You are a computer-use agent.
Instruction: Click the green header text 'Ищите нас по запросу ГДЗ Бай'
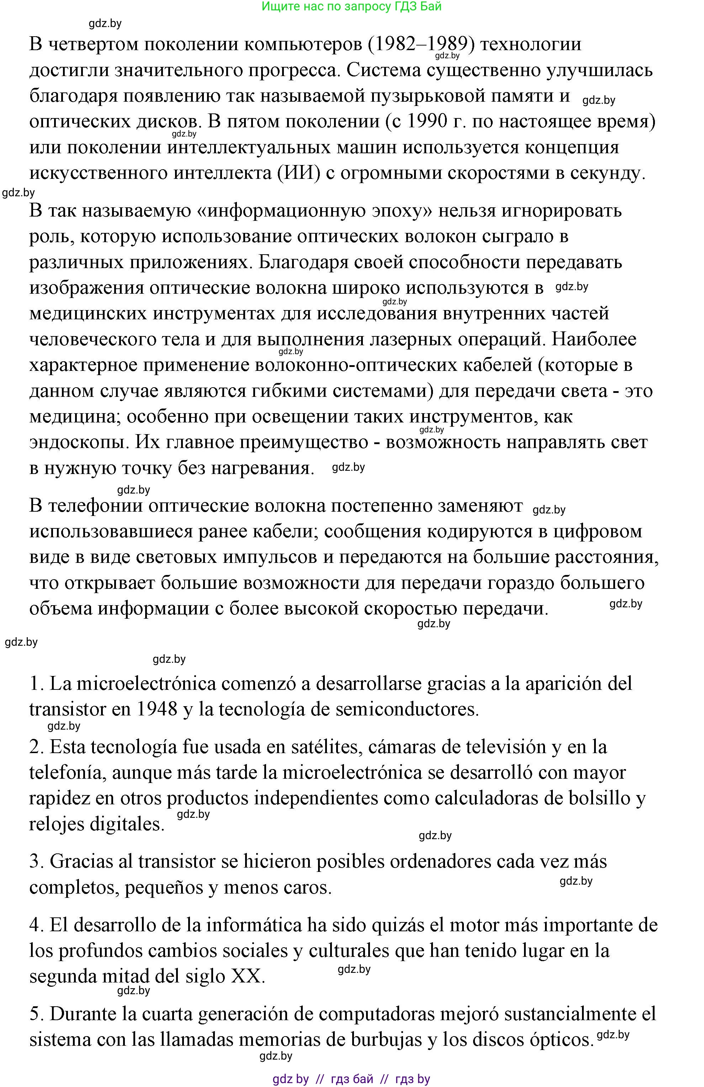(x=351, y=6)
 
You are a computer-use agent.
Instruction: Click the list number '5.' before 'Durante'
(x=37, y=1013)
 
